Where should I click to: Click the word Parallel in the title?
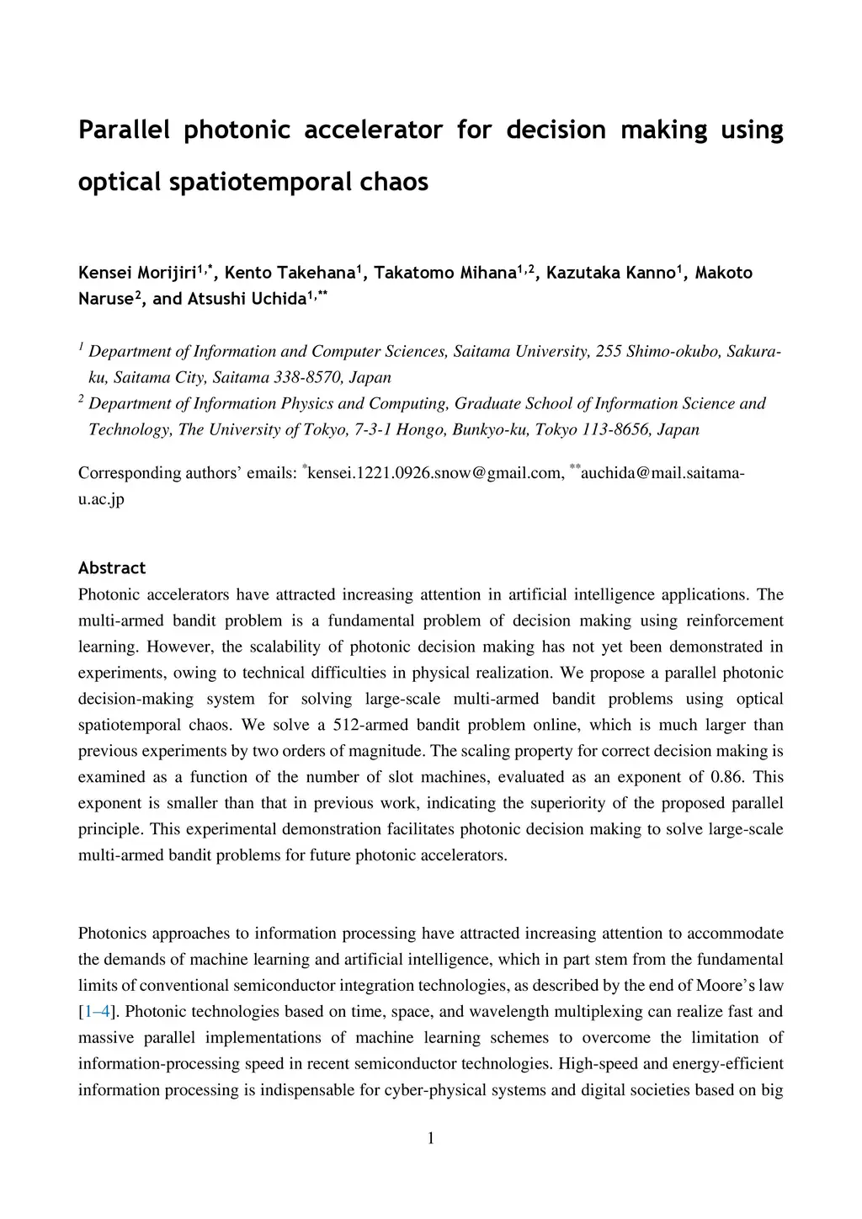(124, 130)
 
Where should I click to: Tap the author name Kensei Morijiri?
(137, 273)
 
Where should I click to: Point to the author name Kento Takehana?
(290, 273)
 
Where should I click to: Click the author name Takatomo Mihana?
(445, 273)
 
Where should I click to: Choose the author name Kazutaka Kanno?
(611, 273)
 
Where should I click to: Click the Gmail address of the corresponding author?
(435, 473)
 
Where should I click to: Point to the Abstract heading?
(112, 568)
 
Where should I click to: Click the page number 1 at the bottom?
(431, 1139)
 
